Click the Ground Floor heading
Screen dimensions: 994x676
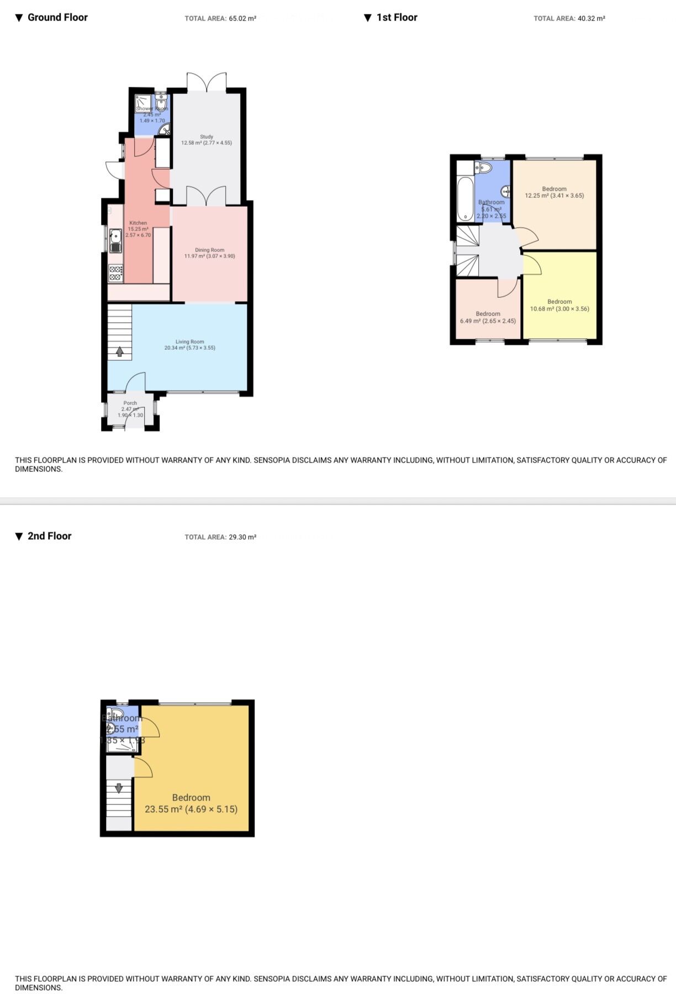pos(57,18)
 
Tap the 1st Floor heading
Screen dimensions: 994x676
pos(397,18)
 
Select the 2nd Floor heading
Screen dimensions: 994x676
pos(49,536)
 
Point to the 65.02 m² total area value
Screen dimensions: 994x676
pos(242,19)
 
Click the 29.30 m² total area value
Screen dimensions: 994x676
pos(242,537)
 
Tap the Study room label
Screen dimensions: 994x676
pos(207,136)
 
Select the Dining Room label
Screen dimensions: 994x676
pos(209,250)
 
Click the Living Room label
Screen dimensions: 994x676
pos(189,341)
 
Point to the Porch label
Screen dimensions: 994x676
pos(130,403)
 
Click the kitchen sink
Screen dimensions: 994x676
pos(115,240)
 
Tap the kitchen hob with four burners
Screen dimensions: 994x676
pos(115,273)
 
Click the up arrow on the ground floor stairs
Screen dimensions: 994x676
pos(119,351)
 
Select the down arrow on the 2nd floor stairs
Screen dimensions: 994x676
pos(118,788)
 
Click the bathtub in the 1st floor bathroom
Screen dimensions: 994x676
pos(466,198)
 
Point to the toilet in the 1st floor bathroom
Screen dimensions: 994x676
pos(484,167)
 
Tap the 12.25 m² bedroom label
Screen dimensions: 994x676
pos(554,189)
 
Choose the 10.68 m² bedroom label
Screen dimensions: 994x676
pos(559,302)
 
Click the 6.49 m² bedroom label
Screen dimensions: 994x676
pos(488,314)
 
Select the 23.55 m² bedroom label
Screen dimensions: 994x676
pos(191,797)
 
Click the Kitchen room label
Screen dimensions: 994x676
pos(138,223)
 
